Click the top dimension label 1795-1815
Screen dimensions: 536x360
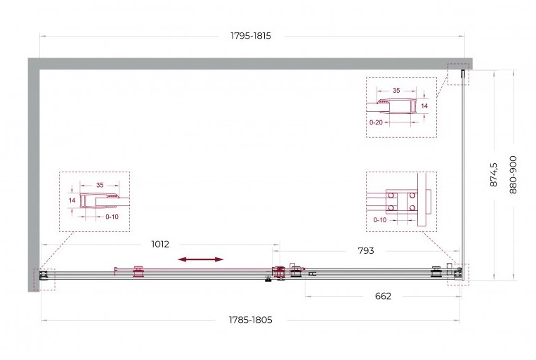(251, 36)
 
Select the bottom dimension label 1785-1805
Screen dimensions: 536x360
(250, 320)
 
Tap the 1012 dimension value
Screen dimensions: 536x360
(160, 244)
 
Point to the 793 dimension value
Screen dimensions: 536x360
(366, 251)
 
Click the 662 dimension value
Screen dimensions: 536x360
(383, 296)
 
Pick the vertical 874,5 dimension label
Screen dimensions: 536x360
(494, 174)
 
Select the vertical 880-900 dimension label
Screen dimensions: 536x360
(513, 174)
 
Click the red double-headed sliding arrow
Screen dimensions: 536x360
(201, 259)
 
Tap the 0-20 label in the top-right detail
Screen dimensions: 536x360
(376, 122)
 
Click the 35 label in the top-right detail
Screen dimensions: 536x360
(396, 90)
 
